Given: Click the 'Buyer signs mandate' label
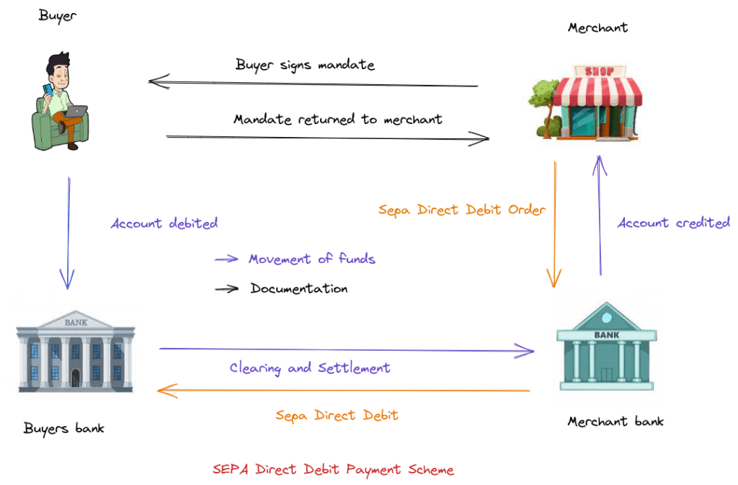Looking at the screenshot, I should [305, 65].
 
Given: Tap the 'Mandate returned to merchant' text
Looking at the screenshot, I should [338, 119].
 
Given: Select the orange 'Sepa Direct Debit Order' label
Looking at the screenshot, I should [462, 210].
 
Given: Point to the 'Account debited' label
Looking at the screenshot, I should [164, 223].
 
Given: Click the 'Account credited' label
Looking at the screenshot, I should [673, 223].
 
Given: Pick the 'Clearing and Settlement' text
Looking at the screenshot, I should [310, 368].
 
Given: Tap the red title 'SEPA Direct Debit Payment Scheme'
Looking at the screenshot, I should [333, 470].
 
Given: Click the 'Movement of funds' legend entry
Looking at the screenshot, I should [311, 259].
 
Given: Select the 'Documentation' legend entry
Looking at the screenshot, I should [298, 289].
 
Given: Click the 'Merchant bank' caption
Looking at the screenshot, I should [615, 422].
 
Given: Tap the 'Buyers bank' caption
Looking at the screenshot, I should [64, 429].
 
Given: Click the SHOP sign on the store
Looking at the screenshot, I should [599, 71].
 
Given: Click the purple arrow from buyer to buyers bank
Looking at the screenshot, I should [68, 231].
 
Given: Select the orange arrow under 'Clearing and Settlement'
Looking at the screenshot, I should [344, 391].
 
